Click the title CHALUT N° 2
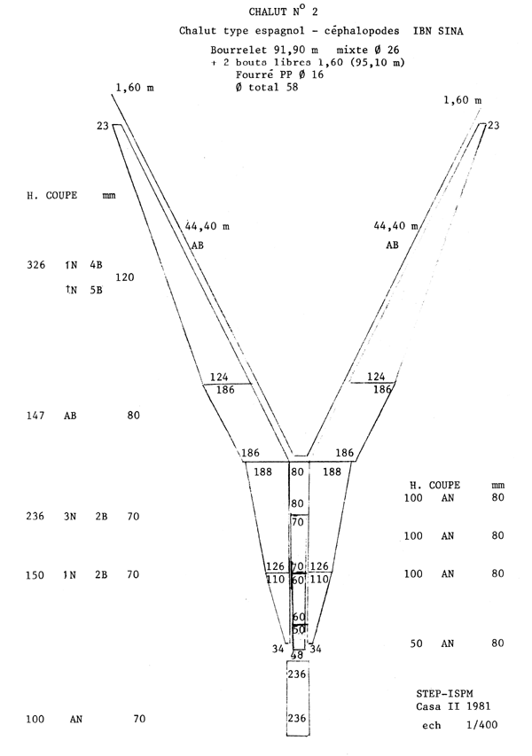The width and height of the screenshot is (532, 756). point(283,12)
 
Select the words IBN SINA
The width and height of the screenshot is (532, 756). point(438,31)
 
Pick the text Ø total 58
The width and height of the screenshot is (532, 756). point(267,87)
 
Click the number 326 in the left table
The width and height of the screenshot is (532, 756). point(35,265)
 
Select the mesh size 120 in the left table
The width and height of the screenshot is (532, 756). point(124,277)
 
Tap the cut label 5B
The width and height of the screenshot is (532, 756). point(96,290)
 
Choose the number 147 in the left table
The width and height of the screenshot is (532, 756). point(35,415)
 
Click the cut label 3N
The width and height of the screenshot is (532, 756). point(70,517)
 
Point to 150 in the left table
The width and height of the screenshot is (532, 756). point(35,574)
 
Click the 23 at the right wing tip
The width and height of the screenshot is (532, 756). point(493,125)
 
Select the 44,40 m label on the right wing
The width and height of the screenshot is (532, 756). point(396,226)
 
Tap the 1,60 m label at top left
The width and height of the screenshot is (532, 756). point(135,88)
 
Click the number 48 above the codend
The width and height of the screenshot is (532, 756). point(298,655)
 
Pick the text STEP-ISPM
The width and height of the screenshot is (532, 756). point(445,694)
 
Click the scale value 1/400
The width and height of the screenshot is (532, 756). point(481,725)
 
